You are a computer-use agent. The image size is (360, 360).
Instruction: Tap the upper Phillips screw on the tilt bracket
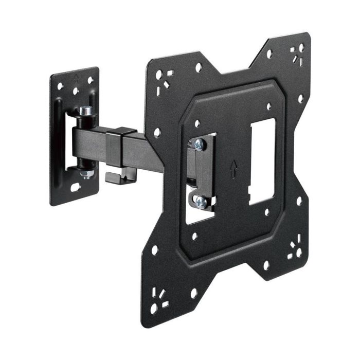(199, 146)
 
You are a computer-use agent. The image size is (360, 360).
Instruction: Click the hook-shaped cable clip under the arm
(114, 176)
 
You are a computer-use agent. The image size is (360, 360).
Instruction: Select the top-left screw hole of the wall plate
(60, 86)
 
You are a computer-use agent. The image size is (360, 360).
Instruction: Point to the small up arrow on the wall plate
(76, 79)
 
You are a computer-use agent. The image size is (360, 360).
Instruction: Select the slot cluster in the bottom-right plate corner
(295, 248)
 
